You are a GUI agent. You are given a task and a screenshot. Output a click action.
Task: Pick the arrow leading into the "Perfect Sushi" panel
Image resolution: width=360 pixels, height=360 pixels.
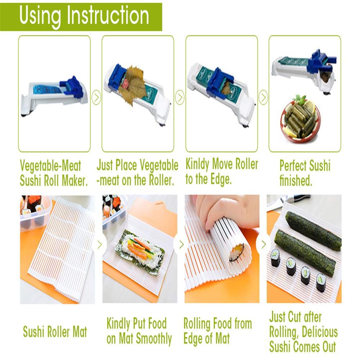264,97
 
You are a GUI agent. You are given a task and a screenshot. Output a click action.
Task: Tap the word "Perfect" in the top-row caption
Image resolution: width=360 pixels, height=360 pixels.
292,166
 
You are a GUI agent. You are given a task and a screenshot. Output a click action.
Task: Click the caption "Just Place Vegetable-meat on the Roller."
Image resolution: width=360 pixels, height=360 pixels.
137,173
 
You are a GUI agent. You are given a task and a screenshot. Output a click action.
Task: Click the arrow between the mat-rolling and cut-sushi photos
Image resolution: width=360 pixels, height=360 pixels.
264,244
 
